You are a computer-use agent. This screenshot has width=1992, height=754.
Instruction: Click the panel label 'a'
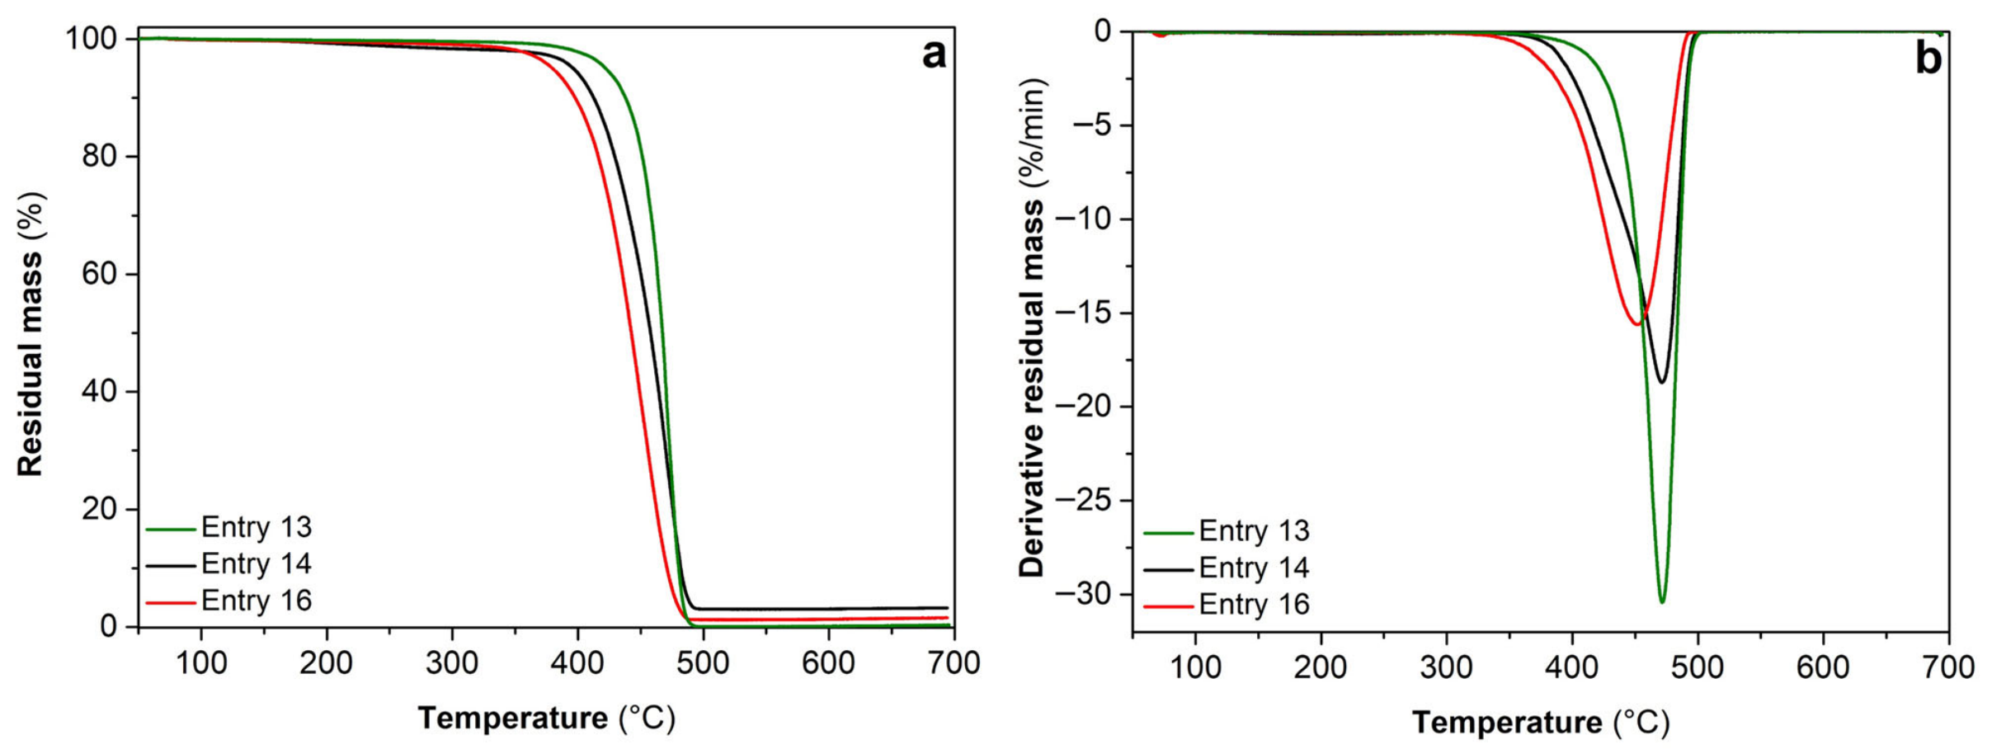pos(934,56)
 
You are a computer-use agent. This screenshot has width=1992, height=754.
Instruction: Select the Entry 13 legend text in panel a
pos(257,527)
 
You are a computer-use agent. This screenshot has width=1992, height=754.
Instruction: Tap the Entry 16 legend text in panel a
pos(257,600)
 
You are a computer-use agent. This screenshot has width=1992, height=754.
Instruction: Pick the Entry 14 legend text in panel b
pos(1254,568)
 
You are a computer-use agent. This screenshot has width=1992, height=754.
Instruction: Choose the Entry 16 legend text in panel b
pos(1254,604)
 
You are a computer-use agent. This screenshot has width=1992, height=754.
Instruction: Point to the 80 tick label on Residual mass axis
pos(100,156)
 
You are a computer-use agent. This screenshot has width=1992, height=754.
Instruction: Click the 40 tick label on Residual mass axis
pos(100,391)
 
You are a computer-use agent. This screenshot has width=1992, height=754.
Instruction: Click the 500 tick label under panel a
pos(703,662)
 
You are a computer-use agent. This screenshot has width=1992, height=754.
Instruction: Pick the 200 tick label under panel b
pos(1321,667)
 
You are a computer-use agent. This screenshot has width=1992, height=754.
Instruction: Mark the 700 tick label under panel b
pos(1948,667)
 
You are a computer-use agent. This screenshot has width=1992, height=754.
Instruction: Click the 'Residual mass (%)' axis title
pos(31,334)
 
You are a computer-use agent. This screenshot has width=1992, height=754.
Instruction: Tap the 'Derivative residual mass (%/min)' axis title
pos(1033,328)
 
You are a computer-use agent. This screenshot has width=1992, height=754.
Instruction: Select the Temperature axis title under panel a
pos(547,719)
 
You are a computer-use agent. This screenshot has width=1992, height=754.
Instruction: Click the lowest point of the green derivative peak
pos(1662,602)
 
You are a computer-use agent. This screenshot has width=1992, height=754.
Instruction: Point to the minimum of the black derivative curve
pos(1662,382)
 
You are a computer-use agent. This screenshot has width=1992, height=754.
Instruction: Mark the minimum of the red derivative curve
pos(1637,324)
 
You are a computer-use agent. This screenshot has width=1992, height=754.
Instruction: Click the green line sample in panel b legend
pos(1168,533)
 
